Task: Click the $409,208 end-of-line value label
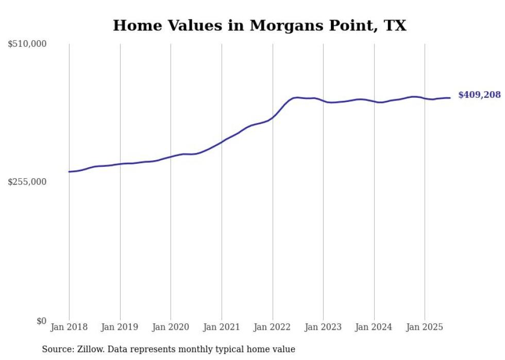point(479,95)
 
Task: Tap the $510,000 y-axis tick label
point(27,44)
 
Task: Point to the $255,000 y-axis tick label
point(27,182)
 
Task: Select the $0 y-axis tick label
point(41,321)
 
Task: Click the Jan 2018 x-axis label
point(69,327)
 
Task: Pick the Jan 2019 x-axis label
point(120,327)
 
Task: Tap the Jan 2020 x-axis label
point(171,327)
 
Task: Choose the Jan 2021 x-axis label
point(222,327)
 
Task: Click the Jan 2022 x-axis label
point(273,327)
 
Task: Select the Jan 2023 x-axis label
point(323,327)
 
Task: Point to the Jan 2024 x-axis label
point(374,327)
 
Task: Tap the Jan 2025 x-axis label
point(425,327)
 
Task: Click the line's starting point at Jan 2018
point(69,172)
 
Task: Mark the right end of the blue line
point(450,98)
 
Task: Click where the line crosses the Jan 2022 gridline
point(273,118)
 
